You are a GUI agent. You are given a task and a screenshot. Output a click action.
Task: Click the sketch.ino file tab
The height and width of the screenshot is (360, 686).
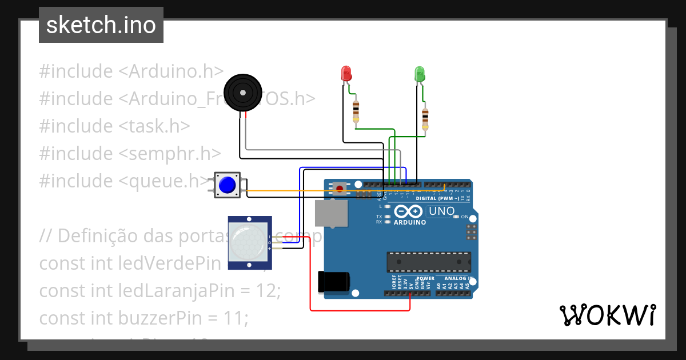coord(101,25)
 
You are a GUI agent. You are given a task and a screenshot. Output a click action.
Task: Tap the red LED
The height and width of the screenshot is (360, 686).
coord(346,73)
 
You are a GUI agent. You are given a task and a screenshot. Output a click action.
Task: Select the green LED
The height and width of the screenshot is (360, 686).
coord(419,73)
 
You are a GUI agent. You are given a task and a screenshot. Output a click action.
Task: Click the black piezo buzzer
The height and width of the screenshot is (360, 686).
coord(242,92)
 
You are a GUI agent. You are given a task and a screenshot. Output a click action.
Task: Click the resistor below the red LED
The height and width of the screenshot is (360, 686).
coord(356,110)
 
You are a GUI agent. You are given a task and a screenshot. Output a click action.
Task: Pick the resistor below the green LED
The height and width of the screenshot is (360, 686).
coord(425,118)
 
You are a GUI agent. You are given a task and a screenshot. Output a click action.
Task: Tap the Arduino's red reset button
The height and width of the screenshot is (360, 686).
coord(340,188)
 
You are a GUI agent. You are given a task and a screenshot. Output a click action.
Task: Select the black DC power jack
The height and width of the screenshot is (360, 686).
coord(333,282)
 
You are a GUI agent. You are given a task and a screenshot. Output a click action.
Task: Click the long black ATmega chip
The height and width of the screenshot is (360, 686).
coord(429,262)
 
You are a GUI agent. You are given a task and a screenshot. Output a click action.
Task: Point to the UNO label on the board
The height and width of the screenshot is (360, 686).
coord(442,211)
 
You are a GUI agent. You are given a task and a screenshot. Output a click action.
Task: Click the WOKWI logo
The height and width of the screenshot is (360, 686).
coord(607,315)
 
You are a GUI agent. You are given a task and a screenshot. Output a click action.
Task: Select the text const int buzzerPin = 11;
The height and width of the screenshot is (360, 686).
coord(143,318)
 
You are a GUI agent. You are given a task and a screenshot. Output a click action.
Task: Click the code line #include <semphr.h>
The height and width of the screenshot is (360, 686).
coord(130,153)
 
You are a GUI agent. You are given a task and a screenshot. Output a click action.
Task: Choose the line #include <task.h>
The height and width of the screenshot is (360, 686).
coord(114,126)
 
